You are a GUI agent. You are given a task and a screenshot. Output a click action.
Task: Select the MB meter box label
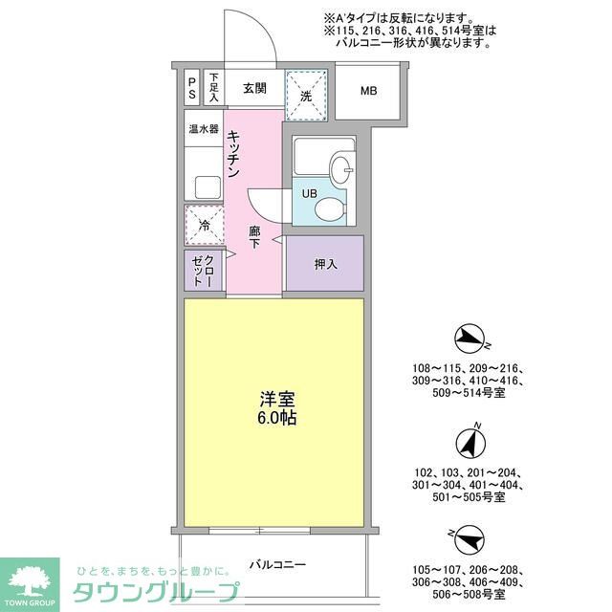[x=368, y=92]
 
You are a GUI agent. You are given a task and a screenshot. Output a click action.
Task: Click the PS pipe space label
[x=192, y=89]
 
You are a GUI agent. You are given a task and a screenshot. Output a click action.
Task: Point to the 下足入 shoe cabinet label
[x=214, y=89]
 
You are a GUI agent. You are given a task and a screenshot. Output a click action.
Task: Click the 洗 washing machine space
[x=307, y=96]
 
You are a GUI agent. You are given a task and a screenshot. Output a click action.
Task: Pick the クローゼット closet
[x=204, y=270]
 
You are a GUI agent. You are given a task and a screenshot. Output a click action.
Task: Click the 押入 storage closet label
[x=326, y=263]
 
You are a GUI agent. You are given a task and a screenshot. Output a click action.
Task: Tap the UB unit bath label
[x=309, y=194]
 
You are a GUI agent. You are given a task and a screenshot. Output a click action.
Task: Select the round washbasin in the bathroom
[x=341, y=169]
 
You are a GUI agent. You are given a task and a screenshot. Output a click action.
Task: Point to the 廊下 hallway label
[x=255, y=237]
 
